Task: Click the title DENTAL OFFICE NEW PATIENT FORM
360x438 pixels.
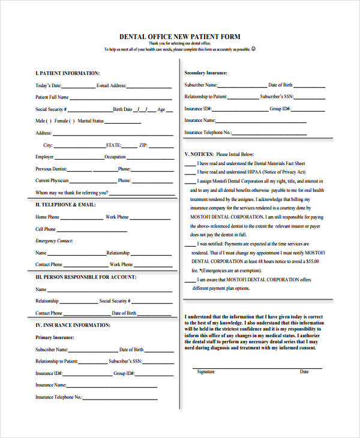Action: pyautogui.click(x=179, y=37)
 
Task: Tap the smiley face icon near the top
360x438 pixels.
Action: pyautogui.click(x=254, y=49)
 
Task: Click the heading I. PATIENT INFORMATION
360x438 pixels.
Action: pyautogui.click(x=67, y=73)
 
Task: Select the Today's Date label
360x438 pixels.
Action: pyautogui.click(x=48, y=86)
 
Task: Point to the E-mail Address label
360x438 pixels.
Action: pyautogui.click(x=111, y=86)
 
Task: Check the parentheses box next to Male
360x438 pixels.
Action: pyautogui.click(x=52, y=121)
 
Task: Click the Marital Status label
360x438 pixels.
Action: pyautogui.click(x=91, y=121)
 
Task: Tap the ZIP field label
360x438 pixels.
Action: pyautogui.click(x=143, y=145)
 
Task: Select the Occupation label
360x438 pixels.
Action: pyautogui.click(x=115, y=157)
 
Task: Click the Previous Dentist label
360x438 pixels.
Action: pyautogui.click(x=51, y=169)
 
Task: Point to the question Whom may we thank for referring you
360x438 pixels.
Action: pyautogui.click(x=72, y=193)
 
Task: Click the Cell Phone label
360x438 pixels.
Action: pyautogui.click(x=46, y=229)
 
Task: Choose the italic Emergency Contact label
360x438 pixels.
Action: pyautogui.click(x=54, y=241)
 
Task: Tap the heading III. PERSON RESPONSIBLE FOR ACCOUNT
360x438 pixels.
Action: pyautogui.click(x=86, y=277)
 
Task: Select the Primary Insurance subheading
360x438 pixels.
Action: pyautogui.click(x=55, y=337)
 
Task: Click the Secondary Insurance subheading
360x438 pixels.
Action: pyautogui.click(x=206, y=73)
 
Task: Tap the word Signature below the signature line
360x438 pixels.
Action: pyautogui.click(x=206, y=372)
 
